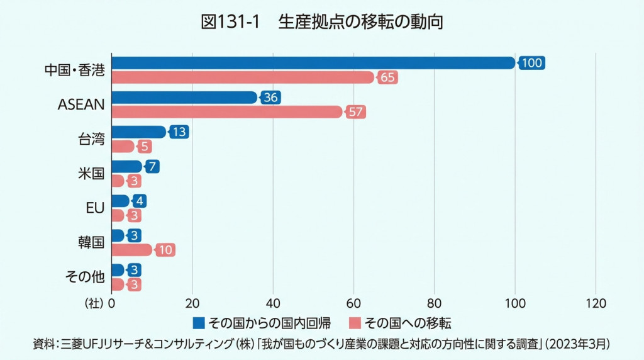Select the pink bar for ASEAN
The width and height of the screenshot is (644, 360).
(227, 112)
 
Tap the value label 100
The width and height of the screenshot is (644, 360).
(531, 63)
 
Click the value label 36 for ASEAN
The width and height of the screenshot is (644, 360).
(270, 98)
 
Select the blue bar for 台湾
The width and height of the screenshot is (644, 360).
(138, 132)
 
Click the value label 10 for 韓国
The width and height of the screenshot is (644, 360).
(165, 250)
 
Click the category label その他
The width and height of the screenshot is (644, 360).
(84, 277)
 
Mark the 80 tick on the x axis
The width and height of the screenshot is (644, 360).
(435, 303)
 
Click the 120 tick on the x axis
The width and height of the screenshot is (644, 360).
(596, 303)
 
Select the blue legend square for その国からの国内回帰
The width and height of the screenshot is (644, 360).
(199, 323)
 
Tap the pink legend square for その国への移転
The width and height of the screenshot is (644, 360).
(354, 323)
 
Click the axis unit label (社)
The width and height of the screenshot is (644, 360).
(93, 303)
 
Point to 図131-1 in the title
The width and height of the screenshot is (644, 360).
(230, 22)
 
